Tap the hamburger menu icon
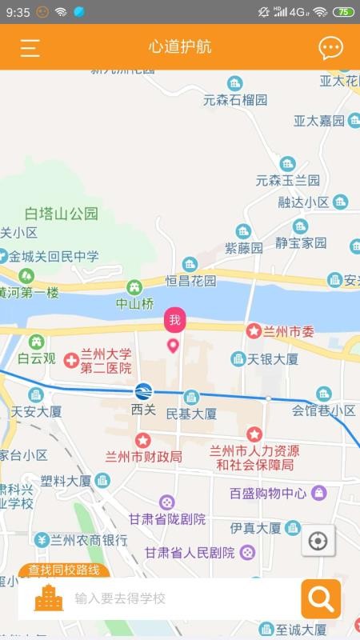click(30, 48)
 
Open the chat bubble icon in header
click(330, 48)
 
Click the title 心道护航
click(180, 47)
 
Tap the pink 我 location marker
click(174, 322)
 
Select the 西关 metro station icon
click(142, 392)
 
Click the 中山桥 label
click(134, 303)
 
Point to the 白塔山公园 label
click(62, 214)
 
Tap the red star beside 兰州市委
click(254, 330)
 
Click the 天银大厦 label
click(272, 359)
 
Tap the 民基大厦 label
click(191, 414)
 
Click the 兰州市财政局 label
click(144, 457)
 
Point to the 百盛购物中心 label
click(268, 493)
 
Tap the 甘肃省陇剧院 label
click(171, 518)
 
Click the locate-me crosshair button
click(318, 542)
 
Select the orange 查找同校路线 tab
click(64, 570)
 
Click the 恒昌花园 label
click(191, 281)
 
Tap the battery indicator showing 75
click(343, 12)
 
